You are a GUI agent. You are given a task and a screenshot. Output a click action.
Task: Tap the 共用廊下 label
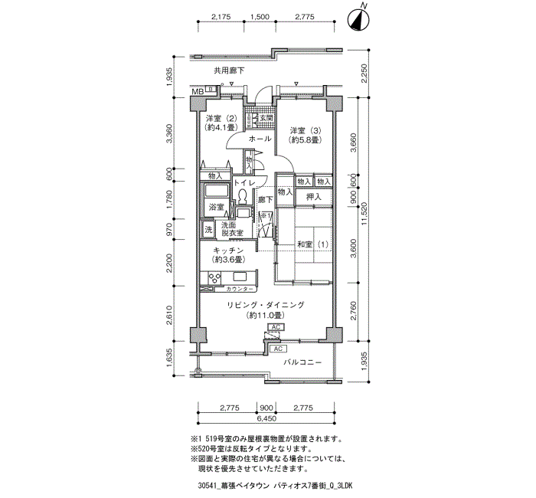tap(229, 71)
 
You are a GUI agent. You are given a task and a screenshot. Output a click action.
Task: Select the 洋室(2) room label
tap(221, 123)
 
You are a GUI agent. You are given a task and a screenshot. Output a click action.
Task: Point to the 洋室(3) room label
tap(306, 135)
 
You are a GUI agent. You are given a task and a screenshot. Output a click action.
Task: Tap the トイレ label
tap(243, 183)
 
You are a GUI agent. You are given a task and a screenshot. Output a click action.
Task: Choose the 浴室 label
tap(216, 208)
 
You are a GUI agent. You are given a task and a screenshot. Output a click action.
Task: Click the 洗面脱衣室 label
tap(233, 229)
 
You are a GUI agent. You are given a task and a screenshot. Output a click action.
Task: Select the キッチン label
tap(227, 255)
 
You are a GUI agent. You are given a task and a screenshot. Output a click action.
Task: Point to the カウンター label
tap(243, 290)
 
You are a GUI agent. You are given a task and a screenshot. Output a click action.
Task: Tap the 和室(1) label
tap(312, 244)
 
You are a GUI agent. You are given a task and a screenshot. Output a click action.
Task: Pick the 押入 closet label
tap(314, 197)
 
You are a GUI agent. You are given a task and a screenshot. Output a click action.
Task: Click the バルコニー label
tap(302, 362)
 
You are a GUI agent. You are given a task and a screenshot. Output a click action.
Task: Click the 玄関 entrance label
tap(265, 119)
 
